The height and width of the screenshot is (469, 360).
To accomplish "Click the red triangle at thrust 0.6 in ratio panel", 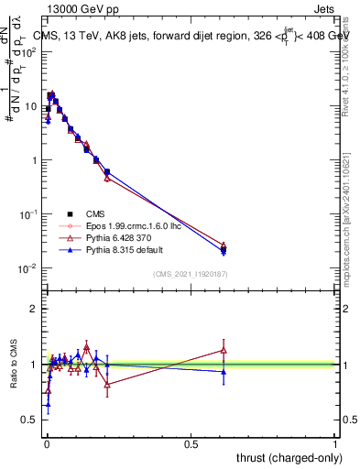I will pyautogui.click(x=224, y=350).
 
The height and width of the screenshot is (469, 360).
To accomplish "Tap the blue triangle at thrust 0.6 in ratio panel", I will pyautogui.click(x=224, y=371).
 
